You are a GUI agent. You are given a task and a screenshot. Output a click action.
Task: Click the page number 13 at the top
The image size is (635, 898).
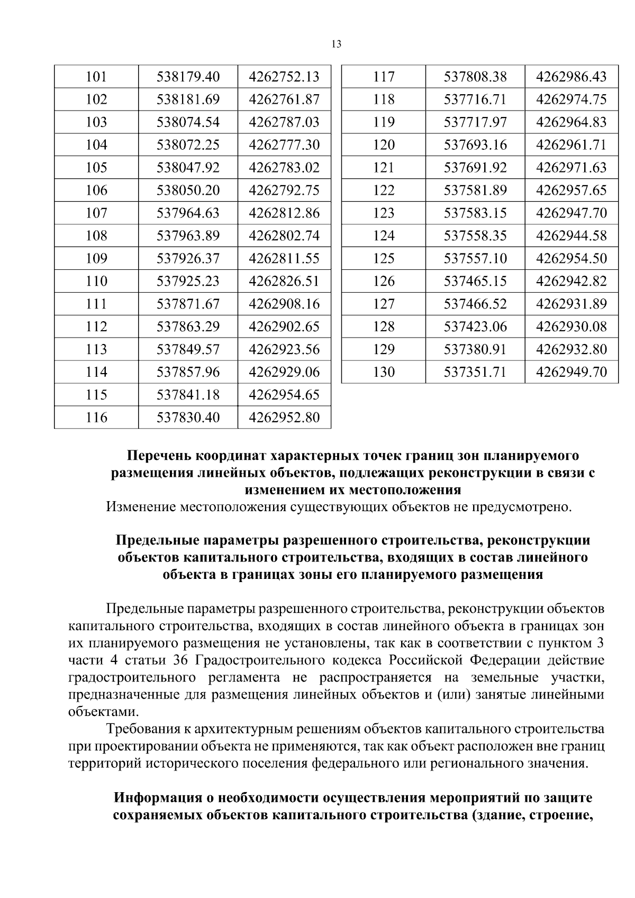(x=336, y=44)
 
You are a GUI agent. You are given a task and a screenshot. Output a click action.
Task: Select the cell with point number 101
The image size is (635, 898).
(x=96, y=77)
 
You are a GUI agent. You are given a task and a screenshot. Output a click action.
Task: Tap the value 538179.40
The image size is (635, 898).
(x=188, y=77)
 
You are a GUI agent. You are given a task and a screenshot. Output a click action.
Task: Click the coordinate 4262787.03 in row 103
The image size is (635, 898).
(x=284, y=122)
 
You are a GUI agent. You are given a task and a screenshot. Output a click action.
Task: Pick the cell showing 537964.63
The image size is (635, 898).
(x=188, y=213)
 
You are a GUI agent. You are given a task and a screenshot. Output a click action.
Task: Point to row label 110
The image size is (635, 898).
(x=96, y=282)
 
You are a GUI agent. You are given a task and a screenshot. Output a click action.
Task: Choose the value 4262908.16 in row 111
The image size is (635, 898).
(x=284, y=304)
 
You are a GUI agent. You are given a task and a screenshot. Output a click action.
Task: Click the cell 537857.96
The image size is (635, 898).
(x=188, y=373)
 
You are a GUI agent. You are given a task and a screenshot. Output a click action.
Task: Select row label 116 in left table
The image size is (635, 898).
(x=96, y=418)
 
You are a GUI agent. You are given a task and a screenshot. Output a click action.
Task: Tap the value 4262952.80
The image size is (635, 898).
(x=284, y=418)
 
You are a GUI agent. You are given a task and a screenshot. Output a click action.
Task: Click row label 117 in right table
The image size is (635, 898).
(x=384, y=77)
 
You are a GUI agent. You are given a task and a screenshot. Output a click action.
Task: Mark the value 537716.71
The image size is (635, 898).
(x=475, y=99)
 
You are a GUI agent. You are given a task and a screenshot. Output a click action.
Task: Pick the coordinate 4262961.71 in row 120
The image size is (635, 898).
(x=571, y=145)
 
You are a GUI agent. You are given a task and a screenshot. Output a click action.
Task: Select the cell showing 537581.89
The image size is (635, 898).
(x=475, y=191)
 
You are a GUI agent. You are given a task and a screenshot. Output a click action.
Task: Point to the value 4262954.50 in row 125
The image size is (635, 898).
(x=571, y=259)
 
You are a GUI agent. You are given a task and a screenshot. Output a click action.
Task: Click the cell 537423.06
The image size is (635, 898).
(x=475, y=327)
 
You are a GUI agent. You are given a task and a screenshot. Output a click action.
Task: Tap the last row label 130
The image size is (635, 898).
(x=384, y=373)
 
